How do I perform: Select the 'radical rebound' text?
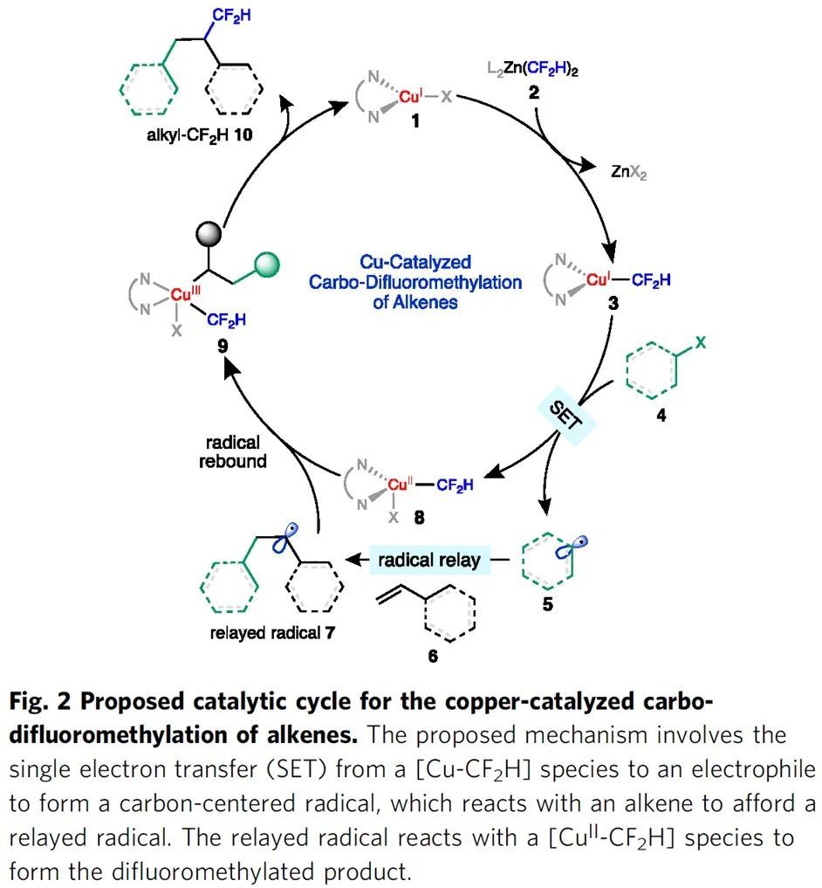(231, 451)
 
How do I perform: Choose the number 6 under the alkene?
(433, 657)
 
